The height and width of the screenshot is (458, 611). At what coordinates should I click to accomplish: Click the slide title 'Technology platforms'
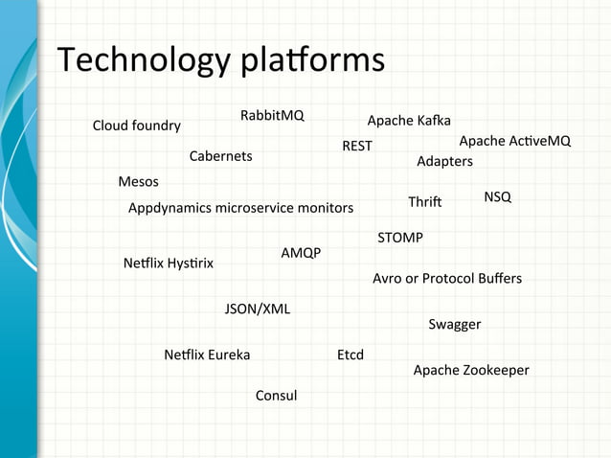221,61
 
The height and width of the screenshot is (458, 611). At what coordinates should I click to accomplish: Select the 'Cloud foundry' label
136,126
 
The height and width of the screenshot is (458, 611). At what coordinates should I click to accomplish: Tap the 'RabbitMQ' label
272,116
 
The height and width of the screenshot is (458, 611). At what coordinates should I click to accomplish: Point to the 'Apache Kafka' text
409,121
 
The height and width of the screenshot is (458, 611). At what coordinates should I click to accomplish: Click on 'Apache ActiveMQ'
515,141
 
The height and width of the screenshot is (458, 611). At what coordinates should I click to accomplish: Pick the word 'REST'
357,147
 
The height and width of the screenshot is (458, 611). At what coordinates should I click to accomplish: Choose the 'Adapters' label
444,161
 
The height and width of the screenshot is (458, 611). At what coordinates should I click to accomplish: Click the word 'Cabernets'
220,156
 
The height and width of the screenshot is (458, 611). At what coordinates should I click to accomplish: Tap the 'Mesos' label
138,182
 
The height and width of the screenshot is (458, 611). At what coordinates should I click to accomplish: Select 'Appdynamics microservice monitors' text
240,208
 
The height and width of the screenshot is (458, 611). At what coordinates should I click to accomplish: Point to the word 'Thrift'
424,202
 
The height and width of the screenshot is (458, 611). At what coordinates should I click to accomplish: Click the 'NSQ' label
497,196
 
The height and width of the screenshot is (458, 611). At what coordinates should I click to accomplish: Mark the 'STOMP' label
400,237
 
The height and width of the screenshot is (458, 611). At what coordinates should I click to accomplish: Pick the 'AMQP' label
301,253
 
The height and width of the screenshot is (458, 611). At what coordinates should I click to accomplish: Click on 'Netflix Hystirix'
169,263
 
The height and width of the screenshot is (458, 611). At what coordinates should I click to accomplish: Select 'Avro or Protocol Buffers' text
447,279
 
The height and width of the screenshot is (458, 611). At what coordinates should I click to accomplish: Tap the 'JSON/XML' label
258,309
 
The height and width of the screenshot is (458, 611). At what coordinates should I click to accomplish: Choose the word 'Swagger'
455,325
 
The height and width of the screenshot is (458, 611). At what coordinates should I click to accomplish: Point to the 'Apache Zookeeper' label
471,370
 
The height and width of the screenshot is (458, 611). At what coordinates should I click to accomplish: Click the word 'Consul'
276,396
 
